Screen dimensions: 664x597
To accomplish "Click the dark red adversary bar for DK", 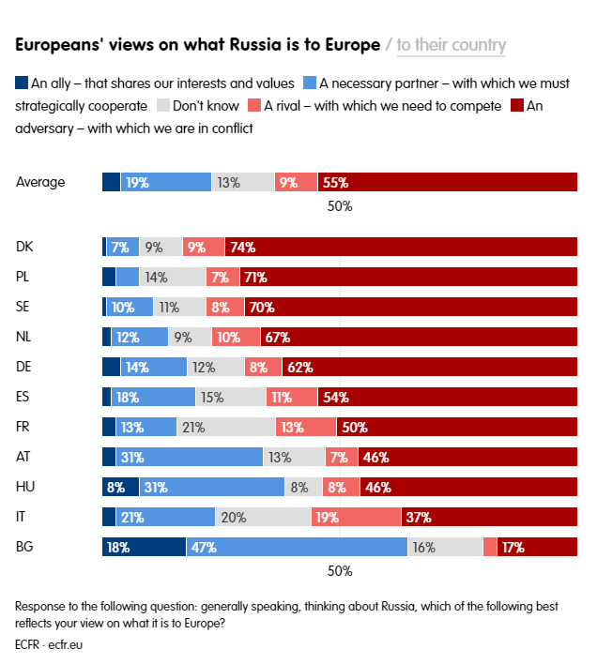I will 401,248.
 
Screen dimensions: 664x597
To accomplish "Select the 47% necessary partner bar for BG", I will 297,548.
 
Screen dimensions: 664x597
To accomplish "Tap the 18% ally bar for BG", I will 144,548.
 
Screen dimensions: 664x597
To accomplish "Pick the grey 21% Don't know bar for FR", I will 226,428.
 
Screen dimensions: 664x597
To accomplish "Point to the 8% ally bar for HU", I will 120,488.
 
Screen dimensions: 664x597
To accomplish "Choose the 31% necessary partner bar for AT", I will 189,458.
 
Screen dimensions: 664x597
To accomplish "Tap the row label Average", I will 40,183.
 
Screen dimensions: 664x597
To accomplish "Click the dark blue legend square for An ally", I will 22,83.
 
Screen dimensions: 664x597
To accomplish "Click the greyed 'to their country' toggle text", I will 452,45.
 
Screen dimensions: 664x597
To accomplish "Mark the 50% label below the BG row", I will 339,571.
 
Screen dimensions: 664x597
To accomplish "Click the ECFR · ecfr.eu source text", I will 50,645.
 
